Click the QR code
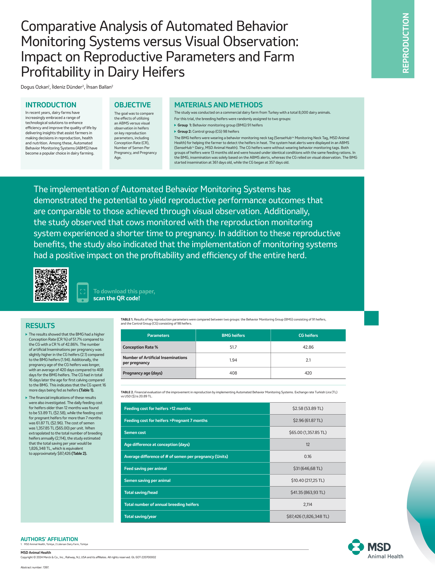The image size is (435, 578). tap(51, 285)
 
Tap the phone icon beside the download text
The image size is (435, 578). tap(83, 292)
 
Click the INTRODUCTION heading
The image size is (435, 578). tap(51, 105)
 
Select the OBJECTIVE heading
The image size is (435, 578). tap(132, 105)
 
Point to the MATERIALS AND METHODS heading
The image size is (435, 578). tap(218, 105)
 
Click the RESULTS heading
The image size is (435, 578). tap(40, 326)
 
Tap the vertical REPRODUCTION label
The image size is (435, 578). tap(405, 43)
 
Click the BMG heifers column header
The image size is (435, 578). tap(233, 335)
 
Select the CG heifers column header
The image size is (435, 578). tap(308, 335)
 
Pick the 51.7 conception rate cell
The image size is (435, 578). tap(233, 347)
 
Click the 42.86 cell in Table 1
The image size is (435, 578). tap(308, 347)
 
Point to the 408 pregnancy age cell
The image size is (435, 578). tap(233, 373)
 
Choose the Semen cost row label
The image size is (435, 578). tap(135, 432)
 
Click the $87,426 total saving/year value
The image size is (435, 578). tap(308, 516)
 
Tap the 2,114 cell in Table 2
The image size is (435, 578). tap(308, 504)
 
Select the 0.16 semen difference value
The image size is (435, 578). tap(308, 456)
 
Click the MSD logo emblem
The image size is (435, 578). tap(356, 547)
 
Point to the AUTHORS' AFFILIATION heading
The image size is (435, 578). tap(49, 539)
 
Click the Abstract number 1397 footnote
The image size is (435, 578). tap(35, 567)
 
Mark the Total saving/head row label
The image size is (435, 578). tap(141, 492)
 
